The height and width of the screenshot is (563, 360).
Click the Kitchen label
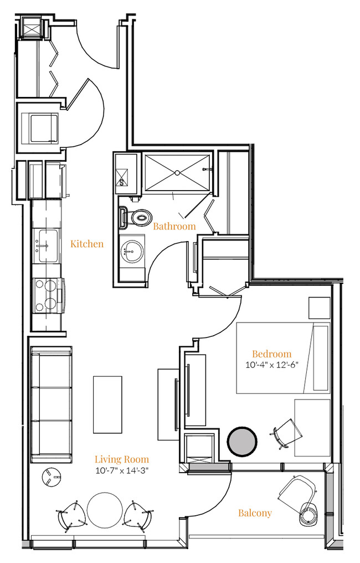point(87,244)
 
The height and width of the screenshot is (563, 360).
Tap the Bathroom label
point(174,226)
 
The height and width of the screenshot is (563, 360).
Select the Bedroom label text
point(272,354)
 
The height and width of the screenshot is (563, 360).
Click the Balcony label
point(255,513)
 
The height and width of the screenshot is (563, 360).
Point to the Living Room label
point(122,459)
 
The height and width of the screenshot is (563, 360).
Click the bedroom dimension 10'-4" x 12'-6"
point(272,365)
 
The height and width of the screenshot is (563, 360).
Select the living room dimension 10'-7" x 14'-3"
point(122,470)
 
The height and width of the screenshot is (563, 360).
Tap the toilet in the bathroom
point(137,218)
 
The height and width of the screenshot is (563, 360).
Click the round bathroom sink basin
point(132,251)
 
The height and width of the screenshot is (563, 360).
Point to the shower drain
point(177,173)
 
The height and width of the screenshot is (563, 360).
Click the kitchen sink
point(48,246)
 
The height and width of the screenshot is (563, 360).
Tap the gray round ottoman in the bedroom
point(242,441)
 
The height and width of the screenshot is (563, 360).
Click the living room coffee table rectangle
point(107,405)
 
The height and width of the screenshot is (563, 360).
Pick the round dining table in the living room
point(105,510)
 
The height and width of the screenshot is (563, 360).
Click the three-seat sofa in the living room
point(52,405)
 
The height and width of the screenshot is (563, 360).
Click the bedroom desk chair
point(286,434)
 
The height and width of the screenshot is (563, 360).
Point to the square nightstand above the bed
point(320,308)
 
